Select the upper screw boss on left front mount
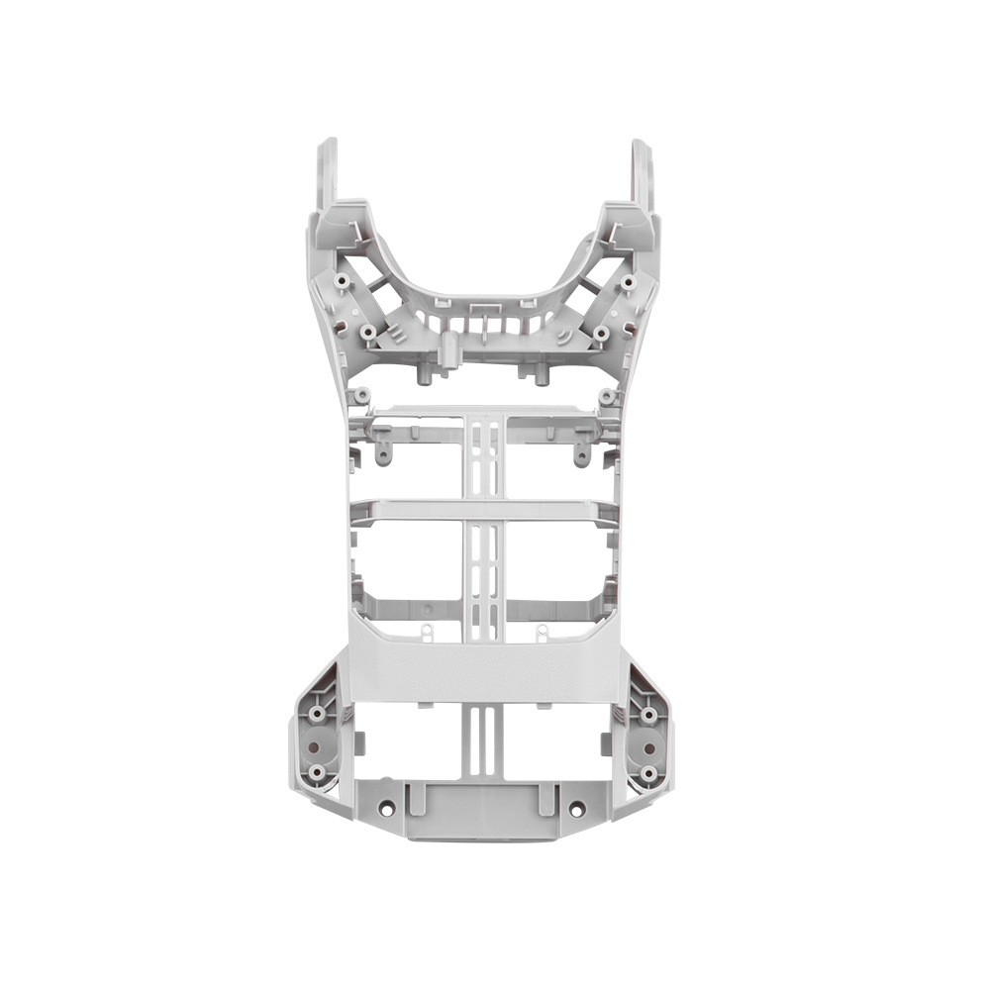[x=342, y=281]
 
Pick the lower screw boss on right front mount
[x=601, y=333]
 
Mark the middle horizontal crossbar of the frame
[x=484, y=511]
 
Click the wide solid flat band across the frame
[x=484, y=668]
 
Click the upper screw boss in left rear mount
[x=317, y=712]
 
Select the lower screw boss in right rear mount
[x=648, y=771]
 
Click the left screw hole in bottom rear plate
[x=387, y=809]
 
